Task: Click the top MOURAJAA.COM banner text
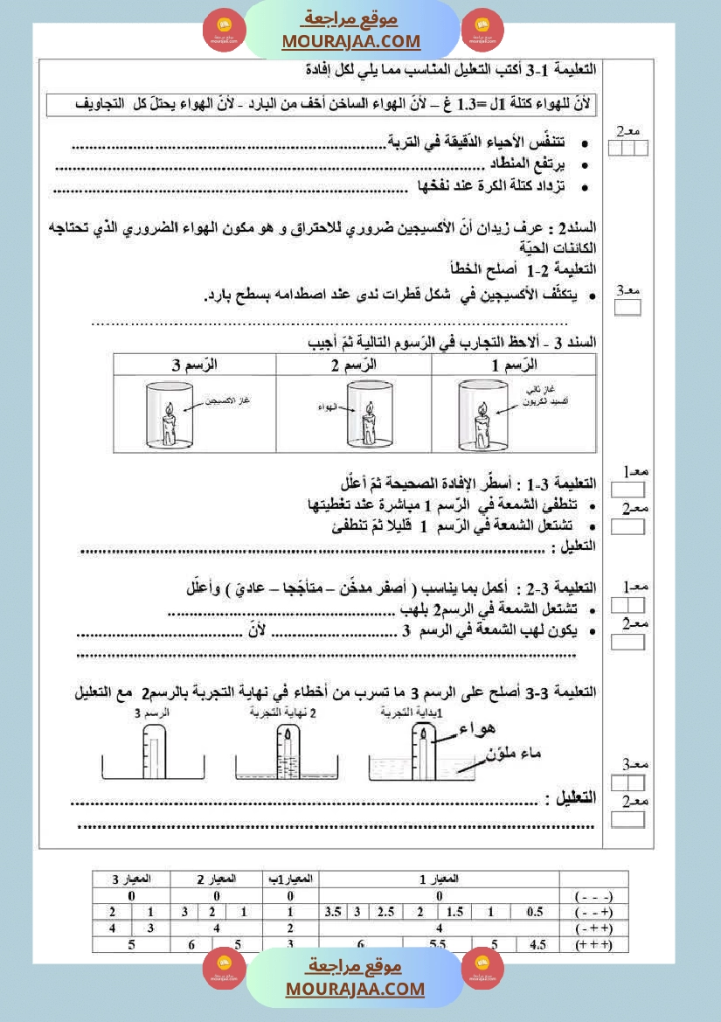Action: (x=351, y=41)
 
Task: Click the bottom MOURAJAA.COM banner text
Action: (x=355, y=989)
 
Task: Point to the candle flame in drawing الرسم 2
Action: (x=368, y=409)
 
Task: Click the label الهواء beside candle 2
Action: (x=329, y=407)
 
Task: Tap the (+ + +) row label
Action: (x=594, y=944)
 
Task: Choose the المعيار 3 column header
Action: (x=131, y=879)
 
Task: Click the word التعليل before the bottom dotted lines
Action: (x=571, y=797)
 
